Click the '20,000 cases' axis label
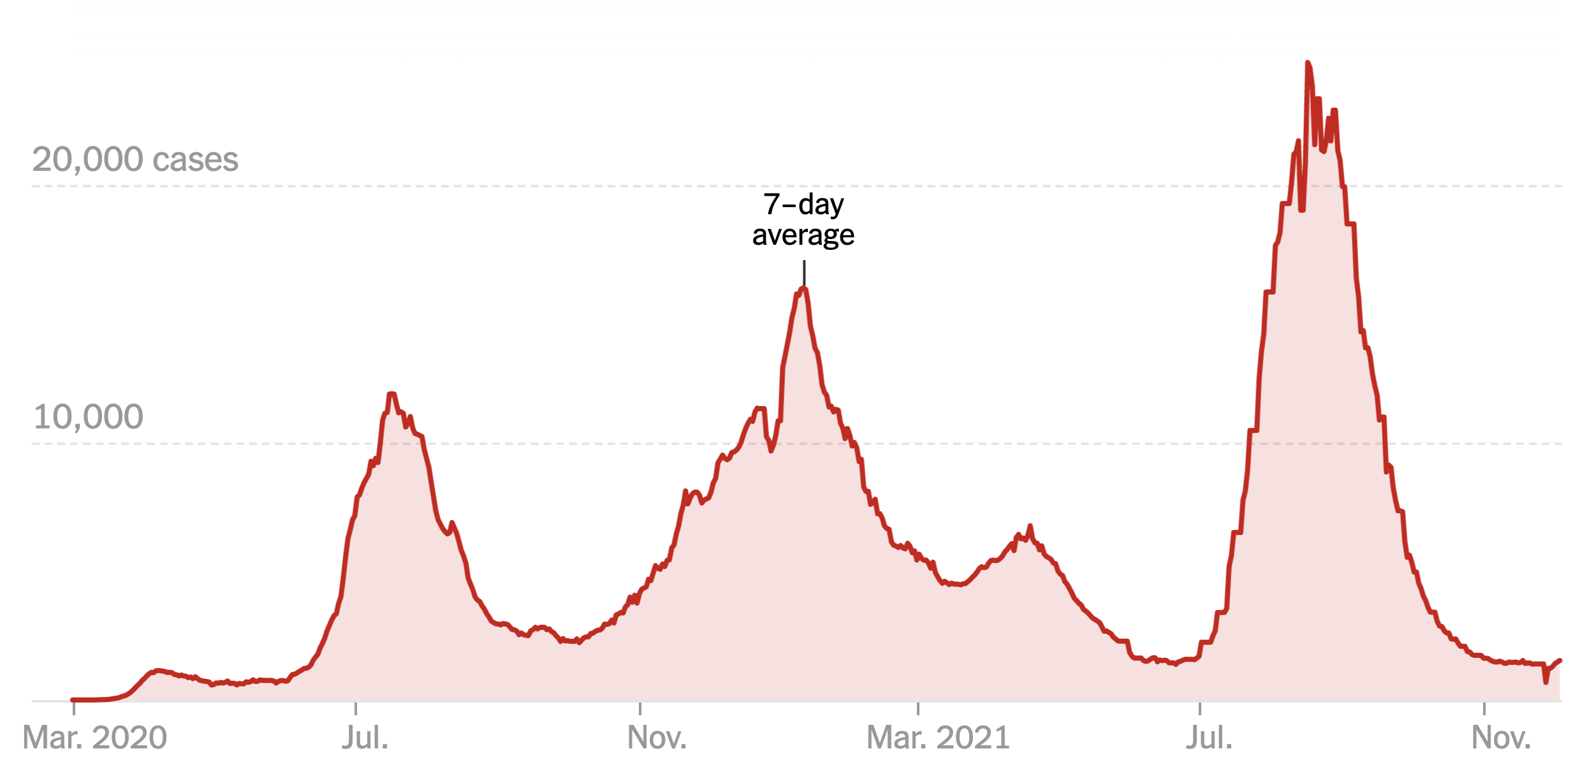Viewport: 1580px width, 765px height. tap(135, 159)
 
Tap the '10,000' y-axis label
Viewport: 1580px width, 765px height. tap(88, 417)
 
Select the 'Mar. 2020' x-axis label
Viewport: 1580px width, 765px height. tap(94, 738)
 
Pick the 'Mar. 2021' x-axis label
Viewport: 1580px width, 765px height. tap(938, 738)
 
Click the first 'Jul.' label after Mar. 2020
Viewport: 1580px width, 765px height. tap(365, 738)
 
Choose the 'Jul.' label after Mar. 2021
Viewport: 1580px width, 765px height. tap(1209, 738)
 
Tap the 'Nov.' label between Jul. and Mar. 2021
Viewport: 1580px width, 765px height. tap(657, 738)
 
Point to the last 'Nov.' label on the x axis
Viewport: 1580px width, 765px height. tap(1501, 738)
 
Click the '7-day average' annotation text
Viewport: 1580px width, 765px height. tap(803, 219)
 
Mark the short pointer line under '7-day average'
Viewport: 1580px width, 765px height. tap(804, 272)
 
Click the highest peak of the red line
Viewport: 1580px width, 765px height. tap(1308, 63)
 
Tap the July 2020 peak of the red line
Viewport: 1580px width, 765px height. tap(391, 394)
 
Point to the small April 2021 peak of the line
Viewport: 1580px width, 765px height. tap(1030, 527)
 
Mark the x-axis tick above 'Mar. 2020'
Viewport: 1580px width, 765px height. tap(74, 708)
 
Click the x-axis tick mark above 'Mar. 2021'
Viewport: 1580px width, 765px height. tap(918, 708)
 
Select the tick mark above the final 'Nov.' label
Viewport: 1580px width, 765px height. tap(1484, 708)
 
